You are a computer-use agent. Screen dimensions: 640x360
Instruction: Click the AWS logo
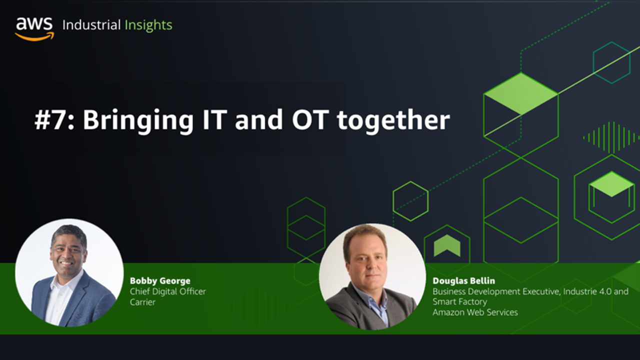point(34,29)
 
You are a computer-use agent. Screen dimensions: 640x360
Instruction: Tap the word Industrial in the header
point(91,25)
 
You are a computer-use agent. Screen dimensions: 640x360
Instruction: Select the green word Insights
point(148,25)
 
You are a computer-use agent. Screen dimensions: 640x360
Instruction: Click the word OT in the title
point(310,119)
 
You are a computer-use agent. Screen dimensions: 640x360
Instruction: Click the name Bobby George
point(160,281)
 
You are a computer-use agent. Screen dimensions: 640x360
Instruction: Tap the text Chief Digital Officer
point(167,291)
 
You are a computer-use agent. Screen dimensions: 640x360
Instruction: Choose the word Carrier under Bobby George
point(142,302)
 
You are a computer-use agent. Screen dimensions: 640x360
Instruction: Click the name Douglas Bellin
point(463,281)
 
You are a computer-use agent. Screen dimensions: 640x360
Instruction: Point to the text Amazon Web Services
point(475,312)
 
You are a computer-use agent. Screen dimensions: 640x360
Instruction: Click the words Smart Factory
point(460,301)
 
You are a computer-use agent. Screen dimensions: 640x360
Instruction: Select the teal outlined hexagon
point(611,63)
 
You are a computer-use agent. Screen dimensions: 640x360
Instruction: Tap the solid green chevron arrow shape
point(447,245)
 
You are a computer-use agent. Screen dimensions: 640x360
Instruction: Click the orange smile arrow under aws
point(34,36)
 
